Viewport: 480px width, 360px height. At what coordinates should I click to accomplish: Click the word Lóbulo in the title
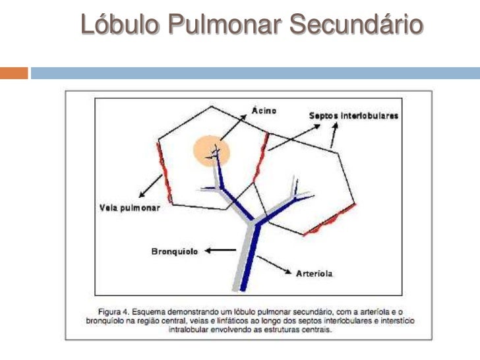coord(120,24)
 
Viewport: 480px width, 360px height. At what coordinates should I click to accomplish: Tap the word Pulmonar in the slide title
coord(225,24)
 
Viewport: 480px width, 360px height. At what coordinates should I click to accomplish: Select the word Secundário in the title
coord(357,24)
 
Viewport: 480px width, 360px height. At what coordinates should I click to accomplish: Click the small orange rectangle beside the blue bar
coord(14,73)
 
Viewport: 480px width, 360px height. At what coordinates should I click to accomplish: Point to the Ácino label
coord(264,110)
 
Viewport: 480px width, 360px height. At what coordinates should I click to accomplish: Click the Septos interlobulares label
coord(353,116)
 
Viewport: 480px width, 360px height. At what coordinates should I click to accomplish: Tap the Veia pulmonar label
coord(130,208)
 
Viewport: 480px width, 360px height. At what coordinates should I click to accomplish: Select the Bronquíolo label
coord(175,251)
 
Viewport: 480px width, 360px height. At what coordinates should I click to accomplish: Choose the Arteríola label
coord(314,274)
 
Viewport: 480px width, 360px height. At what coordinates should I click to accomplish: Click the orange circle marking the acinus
coord(211,151)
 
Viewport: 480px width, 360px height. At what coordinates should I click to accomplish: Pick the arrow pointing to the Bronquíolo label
coord(220,251)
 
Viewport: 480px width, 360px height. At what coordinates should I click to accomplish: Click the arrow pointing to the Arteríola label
coord(274,265)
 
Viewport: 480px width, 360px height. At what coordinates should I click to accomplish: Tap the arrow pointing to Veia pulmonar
coord(150,186)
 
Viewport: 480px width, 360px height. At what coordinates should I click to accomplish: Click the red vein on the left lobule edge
coord(164,172)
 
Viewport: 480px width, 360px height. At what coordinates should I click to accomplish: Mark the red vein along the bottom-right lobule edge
coord(330,220)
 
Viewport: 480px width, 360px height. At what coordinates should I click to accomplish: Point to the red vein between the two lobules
coord(261,157)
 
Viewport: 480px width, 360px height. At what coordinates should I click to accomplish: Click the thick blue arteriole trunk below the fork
coord(250,257)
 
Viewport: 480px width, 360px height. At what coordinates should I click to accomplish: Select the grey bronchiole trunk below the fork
coord(243,257)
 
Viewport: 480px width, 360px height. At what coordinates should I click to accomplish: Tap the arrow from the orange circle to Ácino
coord(233,128)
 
